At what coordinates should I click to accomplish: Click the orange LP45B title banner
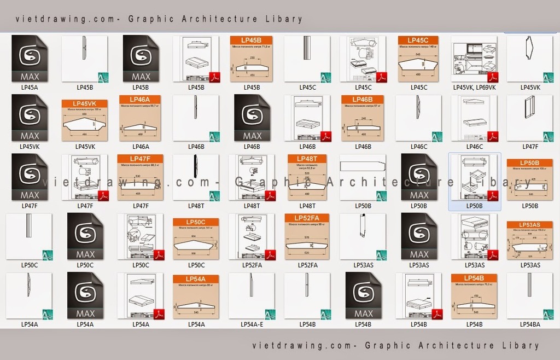(251, 40)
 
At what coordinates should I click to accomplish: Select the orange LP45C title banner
(418, 40)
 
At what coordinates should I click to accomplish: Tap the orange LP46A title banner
(140, 100)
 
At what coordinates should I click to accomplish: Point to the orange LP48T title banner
(307, 159)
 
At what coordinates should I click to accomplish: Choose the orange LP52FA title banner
(307, 218)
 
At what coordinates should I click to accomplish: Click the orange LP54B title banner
(474, 278)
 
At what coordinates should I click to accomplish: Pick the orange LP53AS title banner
(530, 225)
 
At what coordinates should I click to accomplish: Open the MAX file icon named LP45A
(30, 59)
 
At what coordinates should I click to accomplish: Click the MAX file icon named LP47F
(30, 177)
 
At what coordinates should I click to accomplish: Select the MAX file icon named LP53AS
(419, 236)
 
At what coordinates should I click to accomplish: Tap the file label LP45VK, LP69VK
(474, 88)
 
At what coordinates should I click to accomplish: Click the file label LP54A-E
(252, 324)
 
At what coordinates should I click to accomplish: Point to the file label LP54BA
(530, 324)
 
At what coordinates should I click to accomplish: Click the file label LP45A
(30, 88)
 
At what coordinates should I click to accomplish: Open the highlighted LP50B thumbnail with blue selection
(474, 177)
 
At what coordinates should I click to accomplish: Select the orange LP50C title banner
(196, 222)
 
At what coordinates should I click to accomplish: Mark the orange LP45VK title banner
(84, 103)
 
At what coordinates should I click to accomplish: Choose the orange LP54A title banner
(196, 278)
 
